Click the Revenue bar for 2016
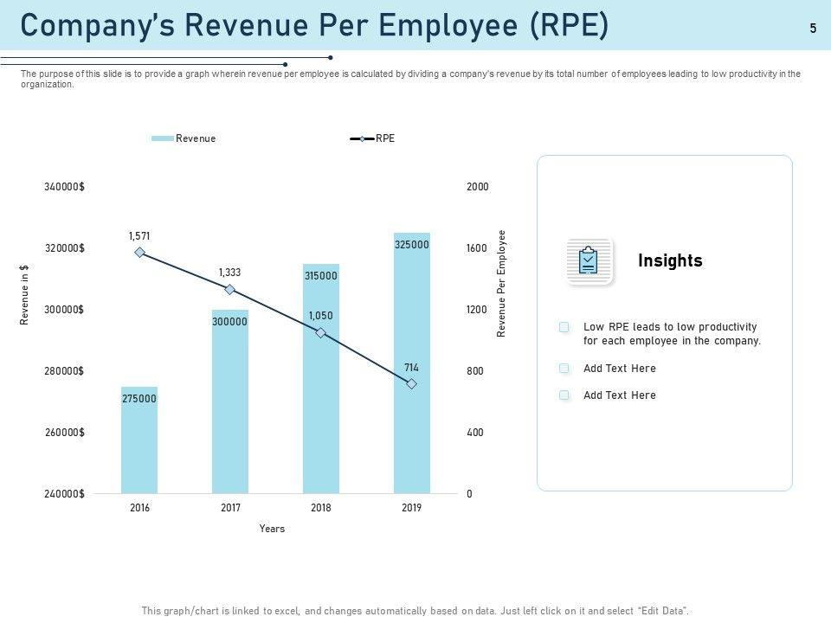coord(139,450)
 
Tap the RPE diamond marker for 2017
coord(229,290)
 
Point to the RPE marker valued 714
coord(412,383)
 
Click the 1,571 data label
coord(139,236)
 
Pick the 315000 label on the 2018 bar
coord(320,276)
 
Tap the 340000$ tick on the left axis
coord(64,187)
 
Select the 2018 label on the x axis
coord(321,508)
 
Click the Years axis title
coord(272,529)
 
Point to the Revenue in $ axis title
coord(25,295)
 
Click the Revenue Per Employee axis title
coord(501,283)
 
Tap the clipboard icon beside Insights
coord(589,260)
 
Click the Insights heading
coord(670,261)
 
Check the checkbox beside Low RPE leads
coord(564,327)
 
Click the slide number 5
coord(813,29)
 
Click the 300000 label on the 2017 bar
coord(229,322)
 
